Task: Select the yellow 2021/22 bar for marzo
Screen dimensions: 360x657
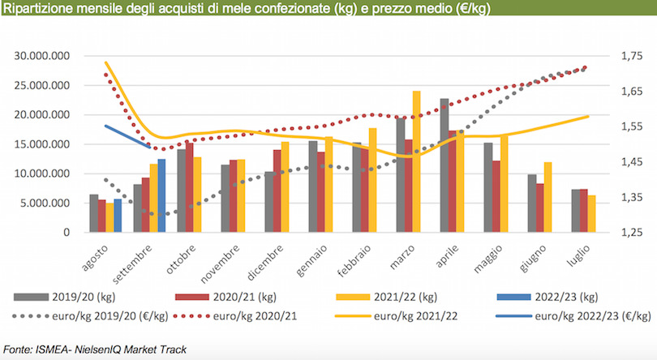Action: (x=417, y=162)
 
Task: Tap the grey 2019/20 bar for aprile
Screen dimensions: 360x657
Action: (x=444, y=166)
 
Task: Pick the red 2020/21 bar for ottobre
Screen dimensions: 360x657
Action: (x=190, y=188)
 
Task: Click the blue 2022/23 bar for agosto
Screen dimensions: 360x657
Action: (x=118, y=216)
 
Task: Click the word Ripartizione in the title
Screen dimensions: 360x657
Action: (x=37, y=10)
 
